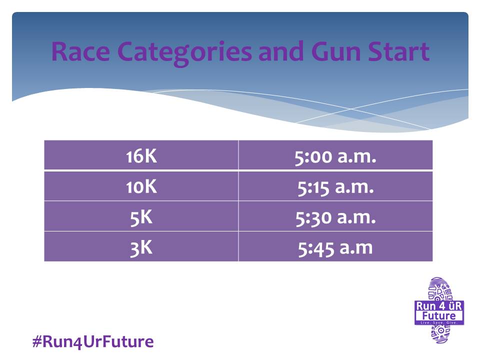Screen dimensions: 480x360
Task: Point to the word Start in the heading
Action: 399,51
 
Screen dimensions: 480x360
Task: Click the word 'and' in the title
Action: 281,51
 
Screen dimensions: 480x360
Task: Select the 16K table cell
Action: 141,155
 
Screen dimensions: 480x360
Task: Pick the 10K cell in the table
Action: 141,186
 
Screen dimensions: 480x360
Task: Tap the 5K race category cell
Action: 141,216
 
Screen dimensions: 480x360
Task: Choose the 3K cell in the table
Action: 141,246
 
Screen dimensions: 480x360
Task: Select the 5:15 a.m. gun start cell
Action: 335,186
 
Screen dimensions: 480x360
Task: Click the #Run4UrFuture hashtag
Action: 93,341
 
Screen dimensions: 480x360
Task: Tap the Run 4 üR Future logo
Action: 439,310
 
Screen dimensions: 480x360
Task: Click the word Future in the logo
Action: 439,315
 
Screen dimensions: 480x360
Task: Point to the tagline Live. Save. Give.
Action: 439,322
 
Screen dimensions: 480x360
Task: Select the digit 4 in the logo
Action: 441,306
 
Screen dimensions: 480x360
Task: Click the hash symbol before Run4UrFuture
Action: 37,341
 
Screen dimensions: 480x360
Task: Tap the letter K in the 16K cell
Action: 150,156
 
